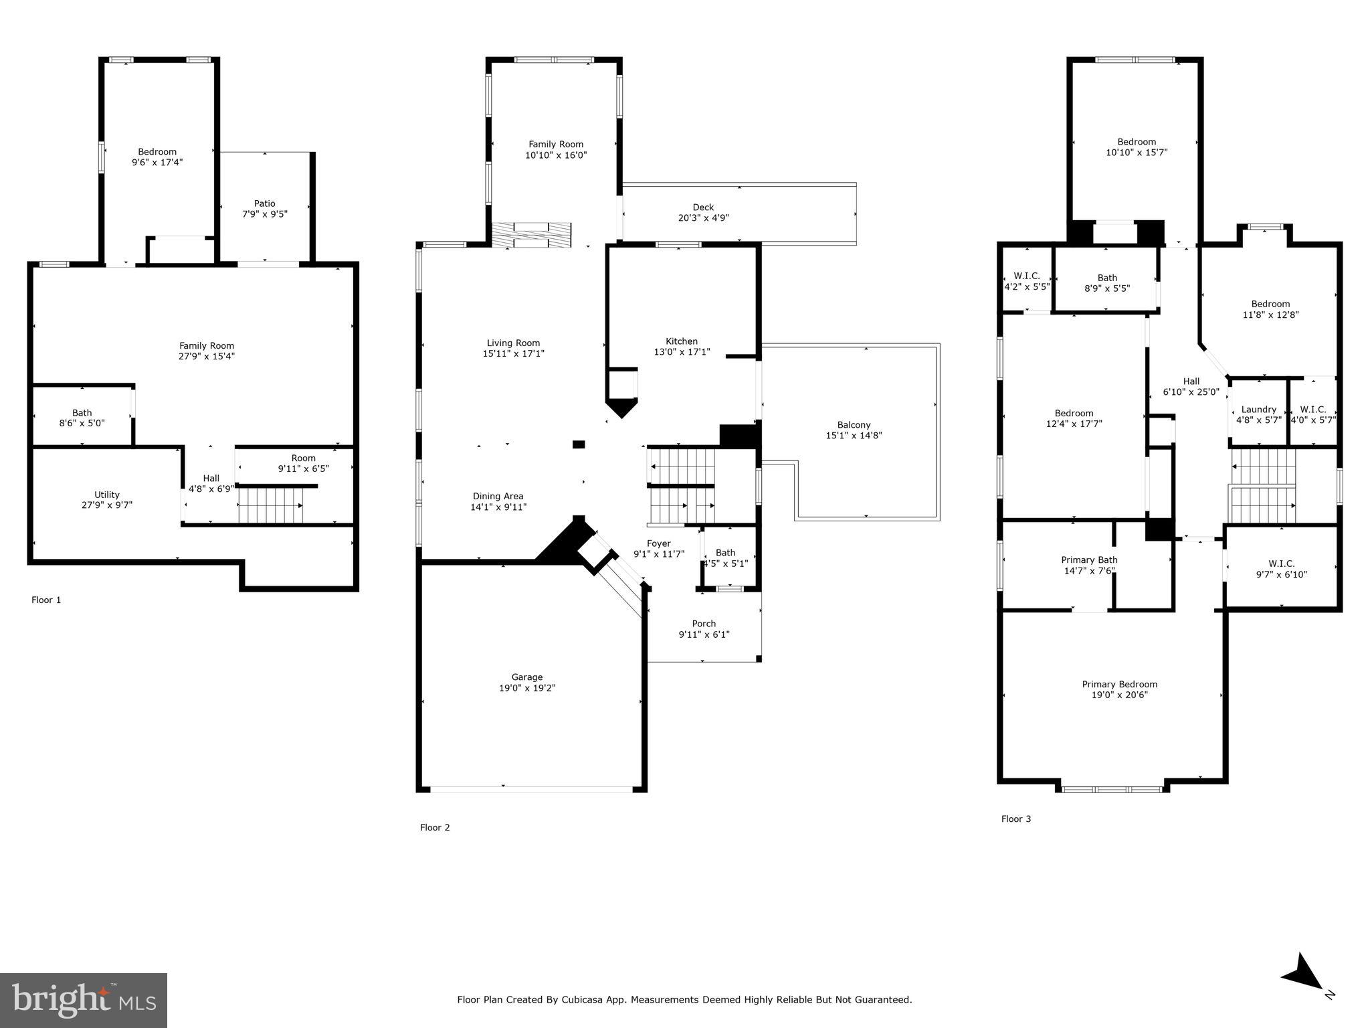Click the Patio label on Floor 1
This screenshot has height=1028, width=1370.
click(264, 203)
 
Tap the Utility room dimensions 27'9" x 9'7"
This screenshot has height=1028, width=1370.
click(107, 505)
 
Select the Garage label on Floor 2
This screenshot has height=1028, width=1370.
click(527, 677)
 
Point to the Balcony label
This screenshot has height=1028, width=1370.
click(854, 424)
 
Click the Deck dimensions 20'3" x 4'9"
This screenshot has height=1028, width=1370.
click(703, 218)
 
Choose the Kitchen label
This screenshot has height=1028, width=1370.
click(681, 341)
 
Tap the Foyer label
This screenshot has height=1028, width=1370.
click(658, 543)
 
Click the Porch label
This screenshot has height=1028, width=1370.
click(704, 623)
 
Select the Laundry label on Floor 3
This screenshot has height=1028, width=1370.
click(1258, 409)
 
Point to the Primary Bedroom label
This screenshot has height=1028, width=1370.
click(1119, 684)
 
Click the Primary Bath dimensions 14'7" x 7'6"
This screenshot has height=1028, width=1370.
click(1089, 571)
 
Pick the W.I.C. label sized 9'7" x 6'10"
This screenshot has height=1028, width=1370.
click(1281, 564)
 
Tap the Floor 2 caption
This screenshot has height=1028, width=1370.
click(435, 827)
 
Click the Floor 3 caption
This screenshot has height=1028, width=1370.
click(1015, 819)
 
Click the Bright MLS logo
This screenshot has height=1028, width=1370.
click(84, 1001)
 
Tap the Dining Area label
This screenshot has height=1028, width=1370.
click(498, 496)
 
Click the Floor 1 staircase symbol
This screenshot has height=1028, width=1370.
click(271, 505)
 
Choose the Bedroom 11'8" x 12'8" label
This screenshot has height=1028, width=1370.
click(1270, 303)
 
